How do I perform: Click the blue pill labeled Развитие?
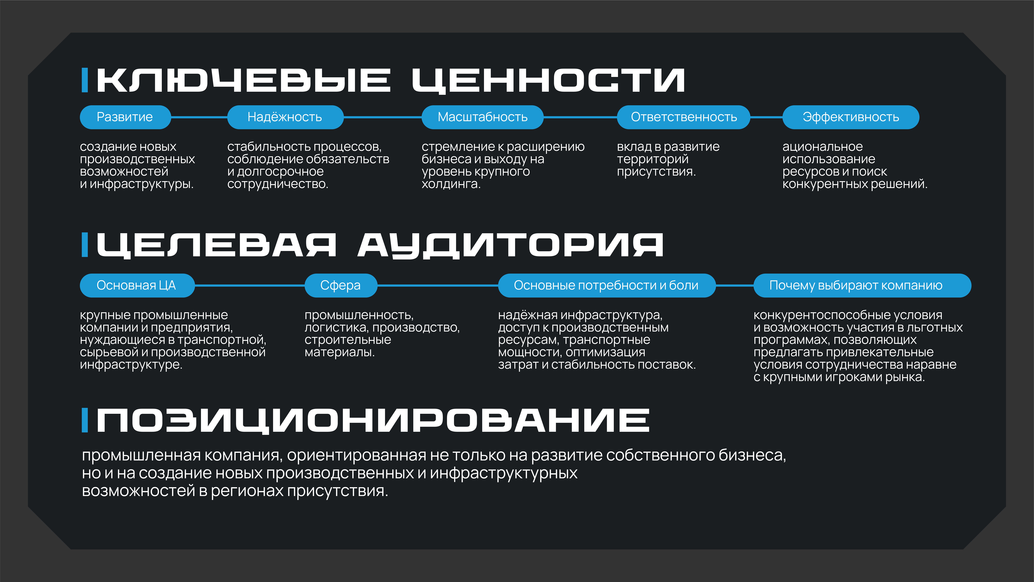click(x=125, y=117)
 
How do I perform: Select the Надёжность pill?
click(x=285, y=117)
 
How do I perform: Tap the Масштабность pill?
click(x=482, y=117)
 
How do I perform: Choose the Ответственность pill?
click(x=684, y=117)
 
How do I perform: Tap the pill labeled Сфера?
click(x=341, y=285)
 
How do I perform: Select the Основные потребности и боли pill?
click(x=606, y=285)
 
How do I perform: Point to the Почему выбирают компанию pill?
click(x=862, y=285)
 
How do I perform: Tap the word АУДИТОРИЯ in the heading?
click(x=511, y=245)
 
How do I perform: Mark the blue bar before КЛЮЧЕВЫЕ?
click(x=85, y=80)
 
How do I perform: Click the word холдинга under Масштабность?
click(x=451, y=184)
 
